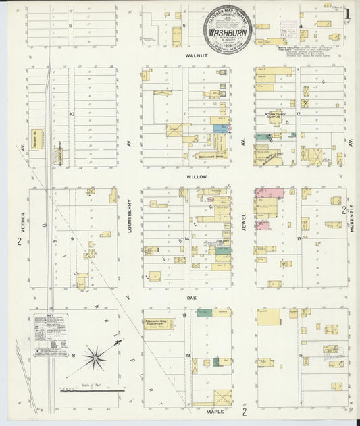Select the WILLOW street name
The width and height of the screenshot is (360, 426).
pyautogui.click(x=197, y=176)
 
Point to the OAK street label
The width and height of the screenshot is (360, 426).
pyautogui.click(x=192, y=295)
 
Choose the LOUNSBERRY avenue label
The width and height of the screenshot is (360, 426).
pyautogui.click(x=128, y=216)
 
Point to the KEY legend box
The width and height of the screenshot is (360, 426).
pyautogui.click(x=51, y=330)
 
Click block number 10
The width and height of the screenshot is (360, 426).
pyautogui.click(x=70, y=114)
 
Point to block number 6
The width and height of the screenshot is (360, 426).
pyautogui.click(x=70, y=25)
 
